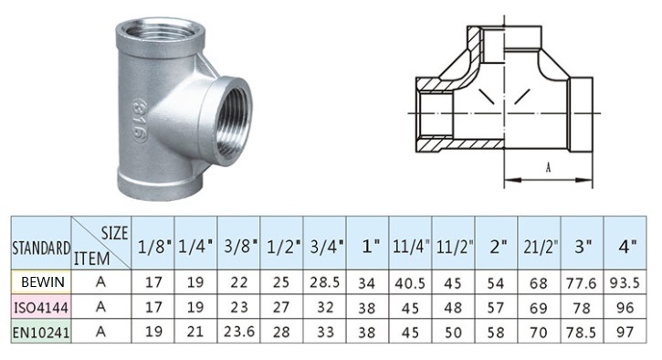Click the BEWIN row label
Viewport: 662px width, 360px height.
coord(43,281)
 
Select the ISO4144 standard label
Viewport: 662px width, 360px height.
coord(41,307)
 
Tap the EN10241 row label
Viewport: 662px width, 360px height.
coord(41,333)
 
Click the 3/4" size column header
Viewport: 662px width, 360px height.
coord(325,247)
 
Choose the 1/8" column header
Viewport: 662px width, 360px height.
coord(153,247)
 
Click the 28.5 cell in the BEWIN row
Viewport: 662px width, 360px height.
coord(325,282)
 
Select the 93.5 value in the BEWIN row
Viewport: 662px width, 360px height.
coord(625,282)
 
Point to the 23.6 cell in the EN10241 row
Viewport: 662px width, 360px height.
coord(239,332)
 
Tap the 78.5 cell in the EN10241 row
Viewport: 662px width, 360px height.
coord(582,332)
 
